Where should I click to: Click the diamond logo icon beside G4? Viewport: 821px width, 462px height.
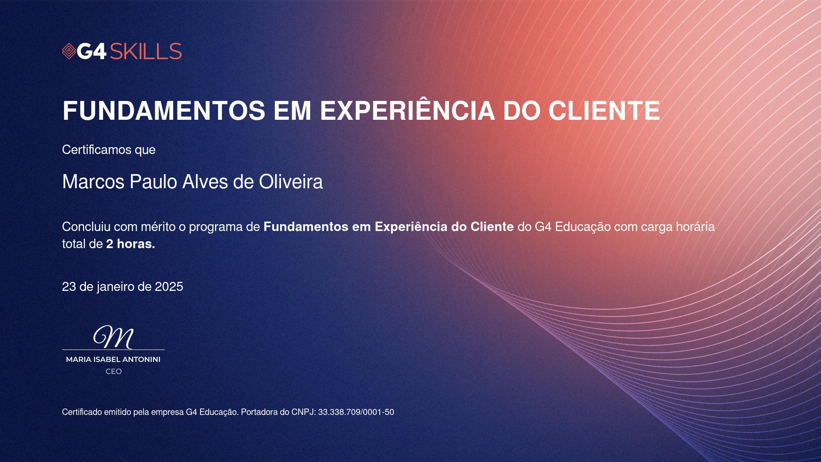pos(69,51)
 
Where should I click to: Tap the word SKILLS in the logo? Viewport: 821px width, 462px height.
pos(146,51)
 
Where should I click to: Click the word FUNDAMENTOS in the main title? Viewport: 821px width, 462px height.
pos(164,111)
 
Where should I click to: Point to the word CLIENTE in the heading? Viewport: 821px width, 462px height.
pos(605,111)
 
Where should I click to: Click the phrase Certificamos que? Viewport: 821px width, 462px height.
pos(109,150)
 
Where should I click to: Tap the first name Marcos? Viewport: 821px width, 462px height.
pos(93,182)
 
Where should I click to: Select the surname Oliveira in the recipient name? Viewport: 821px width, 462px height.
pos(291,182)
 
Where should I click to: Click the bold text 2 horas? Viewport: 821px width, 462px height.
pos(130,244)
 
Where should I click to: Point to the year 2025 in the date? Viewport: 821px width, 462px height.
pos(169,287)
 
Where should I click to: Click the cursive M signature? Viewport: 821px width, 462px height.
pos(114,337)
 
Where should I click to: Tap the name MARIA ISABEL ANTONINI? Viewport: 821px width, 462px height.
pos(113,360)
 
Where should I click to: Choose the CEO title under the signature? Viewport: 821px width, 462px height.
pos(114,372)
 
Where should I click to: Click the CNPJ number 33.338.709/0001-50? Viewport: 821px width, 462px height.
pos(356,412)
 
